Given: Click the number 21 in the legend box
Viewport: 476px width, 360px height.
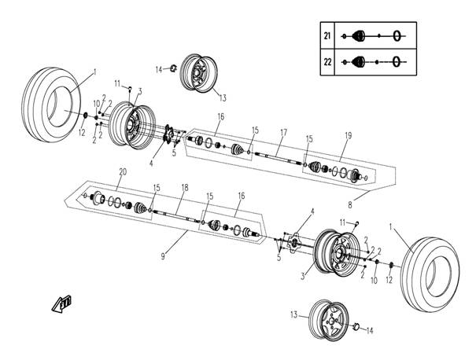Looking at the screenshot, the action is tap(327, 36).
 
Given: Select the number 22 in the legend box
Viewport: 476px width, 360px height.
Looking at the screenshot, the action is tap(327, 62).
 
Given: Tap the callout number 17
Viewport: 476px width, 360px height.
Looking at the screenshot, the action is tap(283, 133).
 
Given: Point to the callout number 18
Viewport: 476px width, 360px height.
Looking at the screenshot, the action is tap(185, 187).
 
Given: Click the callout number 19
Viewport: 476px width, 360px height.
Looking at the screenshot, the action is tap(349, 135).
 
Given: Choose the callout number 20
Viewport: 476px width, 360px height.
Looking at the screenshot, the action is tap(123, 172).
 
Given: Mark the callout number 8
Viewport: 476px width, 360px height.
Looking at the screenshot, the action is tap(350, 205).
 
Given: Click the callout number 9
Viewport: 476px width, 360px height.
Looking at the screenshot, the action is tap(163, 256).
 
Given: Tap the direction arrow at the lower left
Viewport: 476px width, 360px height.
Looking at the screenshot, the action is tap(61, 303).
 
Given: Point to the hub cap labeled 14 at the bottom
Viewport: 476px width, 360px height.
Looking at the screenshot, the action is tap(356, 326).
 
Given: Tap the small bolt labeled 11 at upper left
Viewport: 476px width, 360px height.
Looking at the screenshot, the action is tap(131, 89).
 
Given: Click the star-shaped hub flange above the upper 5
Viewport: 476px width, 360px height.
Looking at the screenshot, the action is tap(168, 134).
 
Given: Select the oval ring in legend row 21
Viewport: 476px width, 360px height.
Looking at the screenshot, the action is tap(397, 36).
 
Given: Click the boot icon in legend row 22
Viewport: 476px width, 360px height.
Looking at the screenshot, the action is tap(359, 62).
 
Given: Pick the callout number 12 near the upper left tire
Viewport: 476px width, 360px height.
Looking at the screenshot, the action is tap(82, 133).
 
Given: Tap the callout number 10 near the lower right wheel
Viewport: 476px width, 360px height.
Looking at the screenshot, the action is tap(374, 281).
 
